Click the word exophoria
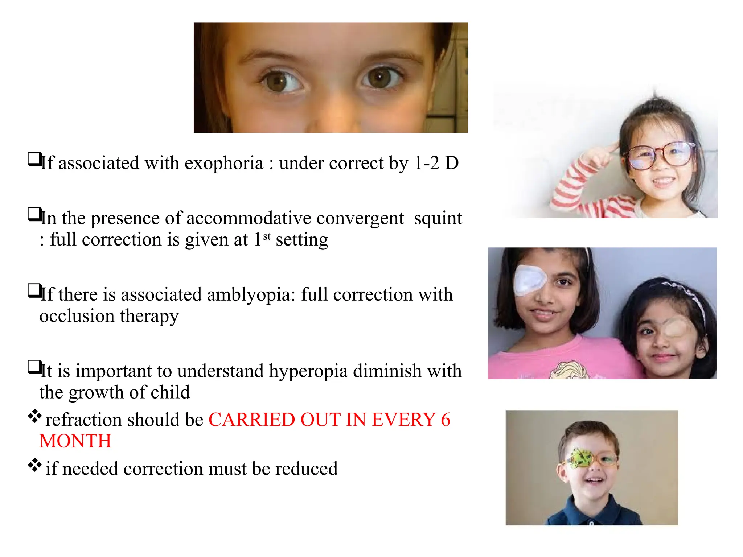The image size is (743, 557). point(224,163)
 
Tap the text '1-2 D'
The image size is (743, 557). point(436,163)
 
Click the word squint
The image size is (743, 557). point(438,218)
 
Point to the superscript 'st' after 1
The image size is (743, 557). point(267,236)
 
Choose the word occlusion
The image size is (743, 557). point(77,316)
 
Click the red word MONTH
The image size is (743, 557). point(75,441)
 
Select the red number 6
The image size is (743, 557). point(446,420)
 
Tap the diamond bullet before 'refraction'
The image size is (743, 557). point(34,416)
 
